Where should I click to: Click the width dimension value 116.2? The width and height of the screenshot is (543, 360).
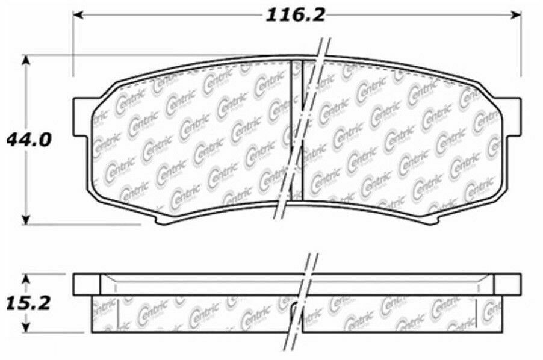[296, 14]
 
